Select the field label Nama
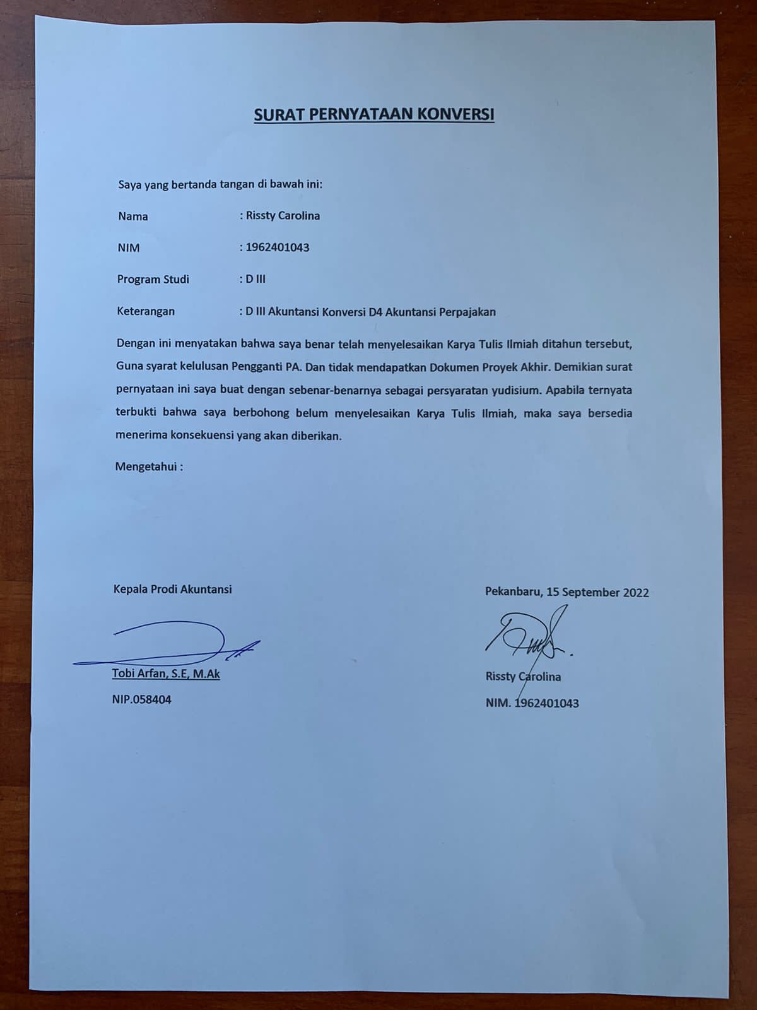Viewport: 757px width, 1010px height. tap(132, 217)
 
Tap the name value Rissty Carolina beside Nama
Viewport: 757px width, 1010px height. tap(283, 216)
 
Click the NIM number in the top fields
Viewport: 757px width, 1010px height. tap(277, 247)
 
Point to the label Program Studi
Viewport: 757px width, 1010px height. tap(153, 279)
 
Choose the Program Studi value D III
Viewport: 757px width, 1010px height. tap(255, 279)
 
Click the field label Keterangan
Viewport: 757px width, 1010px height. tap(146, 311)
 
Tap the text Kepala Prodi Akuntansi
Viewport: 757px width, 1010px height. tap(172, 590)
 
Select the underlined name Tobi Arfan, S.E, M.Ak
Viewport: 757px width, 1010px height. tap(166, 674)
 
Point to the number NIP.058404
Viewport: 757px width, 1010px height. tap(141, 699)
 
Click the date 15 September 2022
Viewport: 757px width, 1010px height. tap(597, 592)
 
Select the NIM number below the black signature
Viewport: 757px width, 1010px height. tap(546, 703)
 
